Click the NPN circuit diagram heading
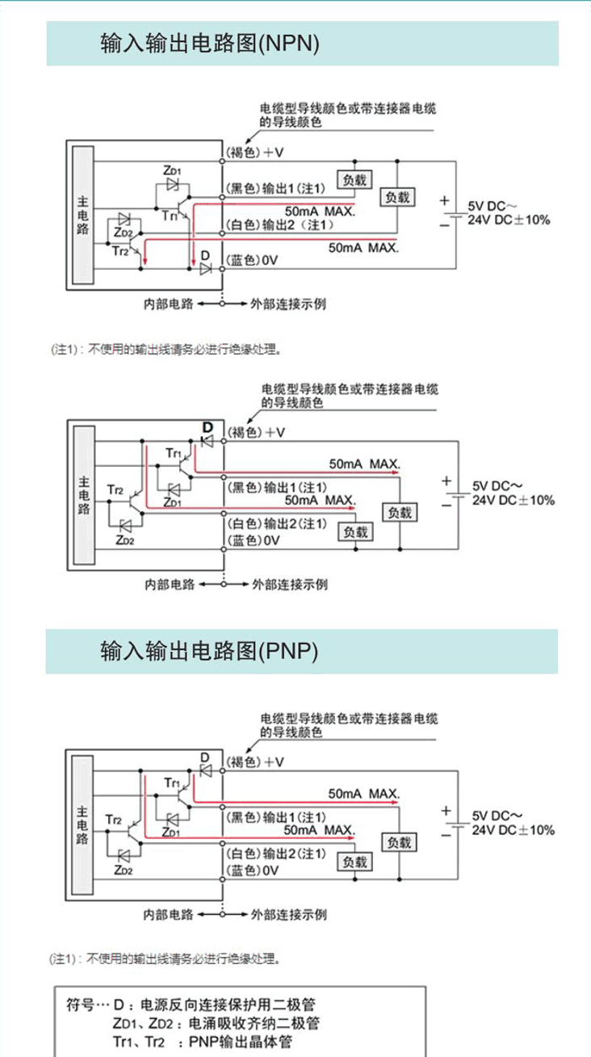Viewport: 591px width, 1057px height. (209, 43)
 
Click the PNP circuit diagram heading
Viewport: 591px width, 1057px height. (209, 650)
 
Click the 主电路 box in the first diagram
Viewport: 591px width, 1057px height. (82, 216)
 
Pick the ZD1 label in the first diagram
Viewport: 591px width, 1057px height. (172, 170)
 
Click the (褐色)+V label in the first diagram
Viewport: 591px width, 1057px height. (255, 152)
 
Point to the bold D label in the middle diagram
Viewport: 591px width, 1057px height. (207, 426)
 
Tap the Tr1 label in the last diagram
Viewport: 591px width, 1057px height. (172, 782)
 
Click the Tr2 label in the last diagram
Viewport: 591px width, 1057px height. (113, 820)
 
